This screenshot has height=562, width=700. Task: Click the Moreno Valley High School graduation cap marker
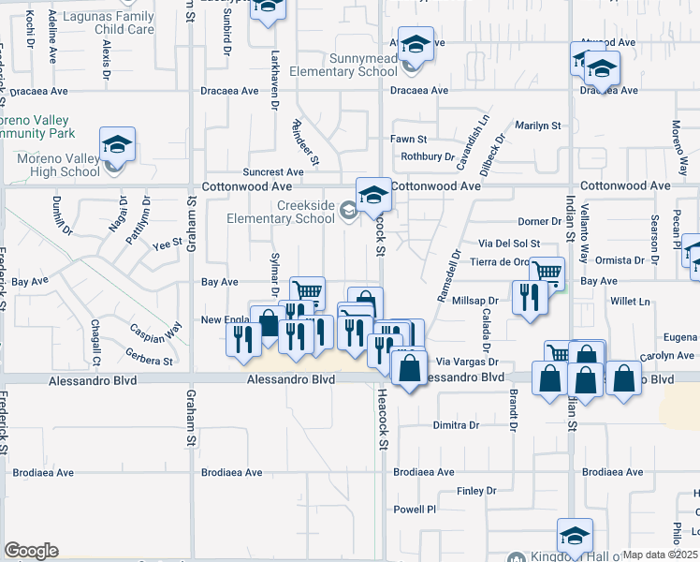pos(118,144)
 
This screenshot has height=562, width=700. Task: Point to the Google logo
pos(31,551)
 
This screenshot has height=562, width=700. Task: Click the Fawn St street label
pos(409,139)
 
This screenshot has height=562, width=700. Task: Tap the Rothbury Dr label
pos(428,156)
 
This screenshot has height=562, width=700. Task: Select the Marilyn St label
pos(538,125)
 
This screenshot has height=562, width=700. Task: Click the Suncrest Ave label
pos(273,172)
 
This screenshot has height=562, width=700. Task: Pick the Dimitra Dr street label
pos(456,425)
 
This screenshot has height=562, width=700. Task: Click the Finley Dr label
pos(475,491)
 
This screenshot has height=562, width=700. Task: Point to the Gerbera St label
pos(149,360)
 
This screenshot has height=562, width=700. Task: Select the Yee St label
pos(166,244)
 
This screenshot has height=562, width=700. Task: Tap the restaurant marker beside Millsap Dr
pos(530,297)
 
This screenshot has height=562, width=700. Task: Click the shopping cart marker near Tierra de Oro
pos(547,273)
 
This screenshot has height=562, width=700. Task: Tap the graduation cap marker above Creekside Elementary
pos(373,195)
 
